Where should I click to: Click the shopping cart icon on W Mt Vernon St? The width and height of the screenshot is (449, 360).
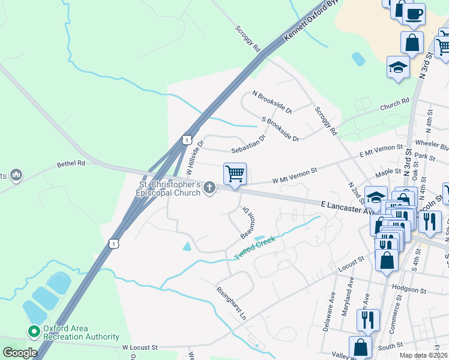[235, 174]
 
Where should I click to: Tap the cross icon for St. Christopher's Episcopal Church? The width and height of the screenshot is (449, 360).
[209, 188]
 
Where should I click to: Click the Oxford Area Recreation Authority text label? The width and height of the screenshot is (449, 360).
[73, 332]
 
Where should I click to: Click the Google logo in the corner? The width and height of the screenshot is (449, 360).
[19, 353]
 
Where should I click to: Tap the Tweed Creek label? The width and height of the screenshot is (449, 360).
[255, 247]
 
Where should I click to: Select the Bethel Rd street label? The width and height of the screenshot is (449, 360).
[71, 163]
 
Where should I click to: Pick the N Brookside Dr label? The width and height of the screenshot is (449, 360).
[272, 103]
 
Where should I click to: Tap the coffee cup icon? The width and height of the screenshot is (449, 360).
[414, 14]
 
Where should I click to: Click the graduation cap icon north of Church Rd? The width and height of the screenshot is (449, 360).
[397, 67]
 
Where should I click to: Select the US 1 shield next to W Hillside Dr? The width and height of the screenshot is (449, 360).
[187, 140]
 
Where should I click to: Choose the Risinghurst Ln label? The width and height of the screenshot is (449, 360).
[232, 302]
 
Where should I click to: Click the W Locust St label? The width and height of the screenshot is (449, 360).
[140, 347]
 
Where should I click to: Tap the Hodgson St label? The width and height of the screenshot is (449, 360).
[408, 289]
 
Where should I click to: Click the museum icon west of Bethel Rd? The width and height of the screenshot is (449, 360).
[16, 175]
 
